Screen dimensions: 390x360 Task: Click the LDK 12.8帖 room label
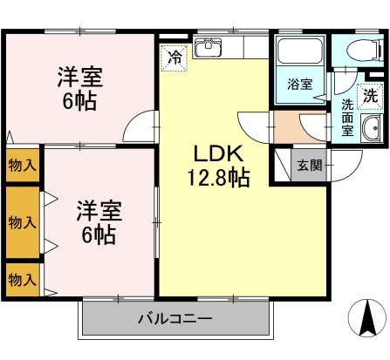click(218, 166)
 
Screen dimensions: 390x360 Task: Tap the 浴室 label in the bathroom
click(300, 85)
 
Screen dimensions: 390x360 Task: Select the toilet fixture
click(365, 49)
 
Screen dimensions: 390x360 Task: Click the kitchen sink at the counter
click(208, 47)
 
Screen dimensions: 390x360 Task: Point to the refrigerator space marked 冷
click(174, 58)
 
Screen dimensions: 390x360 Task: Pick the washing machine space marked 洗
click(370, 96)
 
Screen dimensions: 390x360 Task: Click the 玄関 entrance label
click(310, 166)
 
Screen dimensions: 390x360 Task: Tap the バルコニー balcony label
click(175, 319)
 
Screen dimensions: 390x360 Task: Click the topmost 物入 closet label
click(23, 166)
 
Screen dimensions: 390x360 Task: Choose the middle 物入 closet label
click(23, 222)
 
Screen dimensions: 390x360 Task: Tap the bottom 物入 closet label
click(23, 280)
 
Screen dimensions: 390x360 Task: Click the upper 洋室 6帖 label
click(79, 89)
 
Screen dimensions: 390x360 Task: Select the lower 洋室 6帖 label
click(99, 222)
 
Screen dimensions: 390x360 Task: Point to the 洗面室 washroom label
click(347, 118)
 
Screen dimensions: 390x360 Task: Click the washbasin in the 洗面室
click(372, 128)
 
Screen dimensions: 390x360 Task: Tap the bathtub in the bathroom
click(300, 51)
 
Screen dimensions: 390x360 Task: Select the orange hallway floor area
click(300, 127)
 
